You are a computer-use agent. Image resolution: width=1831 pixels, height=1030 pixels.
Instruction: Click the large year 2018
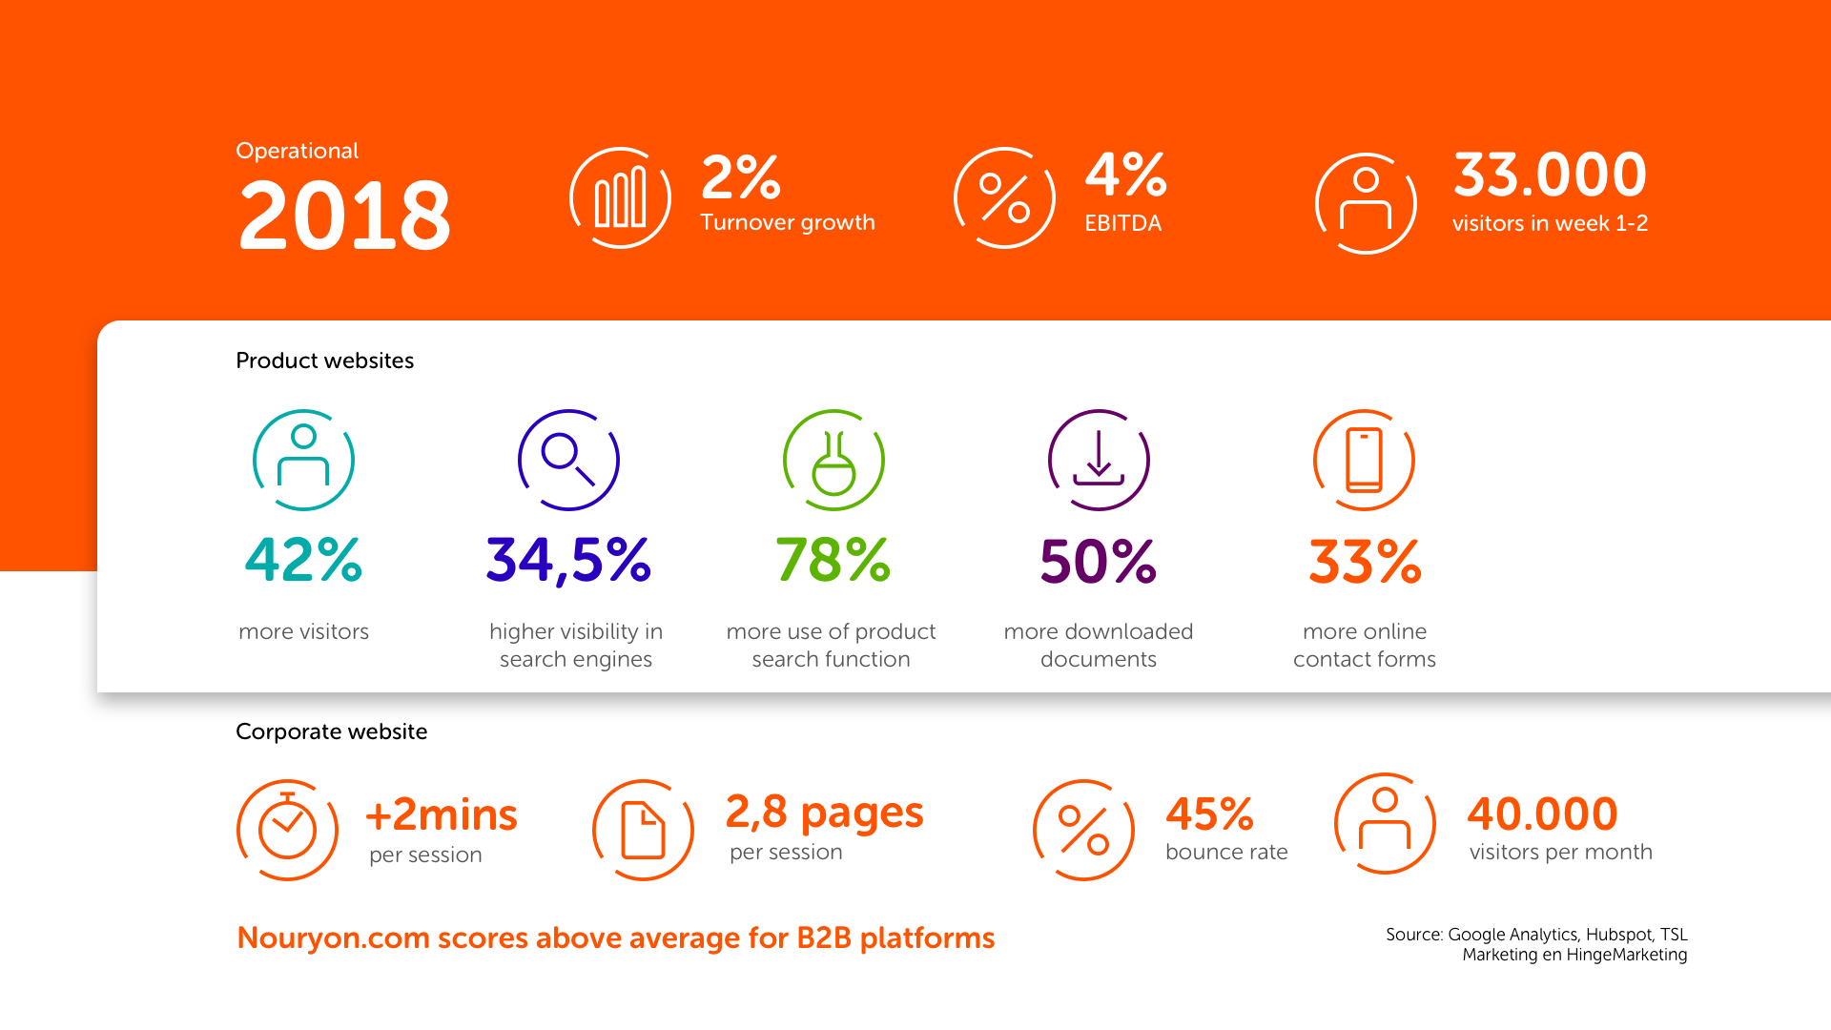(344, 216)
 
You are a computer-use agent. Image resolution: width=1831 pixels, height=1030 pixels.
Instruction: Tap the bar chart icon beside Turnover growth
(620, 198)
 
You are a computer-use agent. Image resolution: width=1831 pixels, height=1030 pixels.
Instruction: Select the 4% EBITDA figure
(1126, 175)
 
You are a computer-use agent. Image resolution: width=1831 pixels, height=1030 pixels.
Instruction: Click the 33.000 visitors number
(1550, 175)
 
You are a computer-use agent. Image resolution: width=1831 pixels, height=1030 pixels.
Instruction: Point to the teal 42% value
(303, 560)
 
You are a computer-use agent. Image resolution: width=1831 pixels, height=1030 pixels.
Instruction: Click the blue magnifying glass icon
(568, 461)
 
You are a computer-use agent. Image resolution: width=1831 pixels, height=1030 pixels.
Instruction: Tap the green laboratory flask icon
(833, 461)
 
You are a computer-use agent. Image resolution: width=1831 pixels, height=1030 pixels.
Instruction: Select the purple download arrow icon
(1099, 461)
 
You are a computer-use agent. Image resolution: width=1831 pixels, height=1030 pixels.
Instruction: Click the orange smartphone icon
(1364, 461)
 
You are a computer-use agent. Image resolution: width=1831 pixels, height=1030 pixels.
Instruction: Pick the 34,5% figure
(568, 560)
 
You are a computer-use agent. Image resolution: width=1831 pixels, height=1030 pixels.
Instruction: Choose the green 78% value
(833, 560)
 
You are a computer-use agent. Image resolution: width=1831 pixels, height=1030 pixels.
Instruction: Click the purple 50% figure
(1098, 562)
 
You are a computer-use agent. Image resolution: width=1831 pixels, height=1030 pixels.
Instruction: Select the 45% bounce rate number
(1209, 814)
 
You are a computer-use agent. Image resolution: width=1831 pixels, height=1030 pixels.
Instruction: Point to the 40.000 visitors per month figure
(1542, 814)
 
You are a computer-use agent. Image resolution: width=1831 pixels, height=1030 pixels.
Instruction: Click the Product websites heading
(324, 360)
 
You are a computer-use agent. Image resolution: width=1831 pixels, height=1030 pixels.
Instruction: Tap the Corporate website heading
(331, 731)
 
